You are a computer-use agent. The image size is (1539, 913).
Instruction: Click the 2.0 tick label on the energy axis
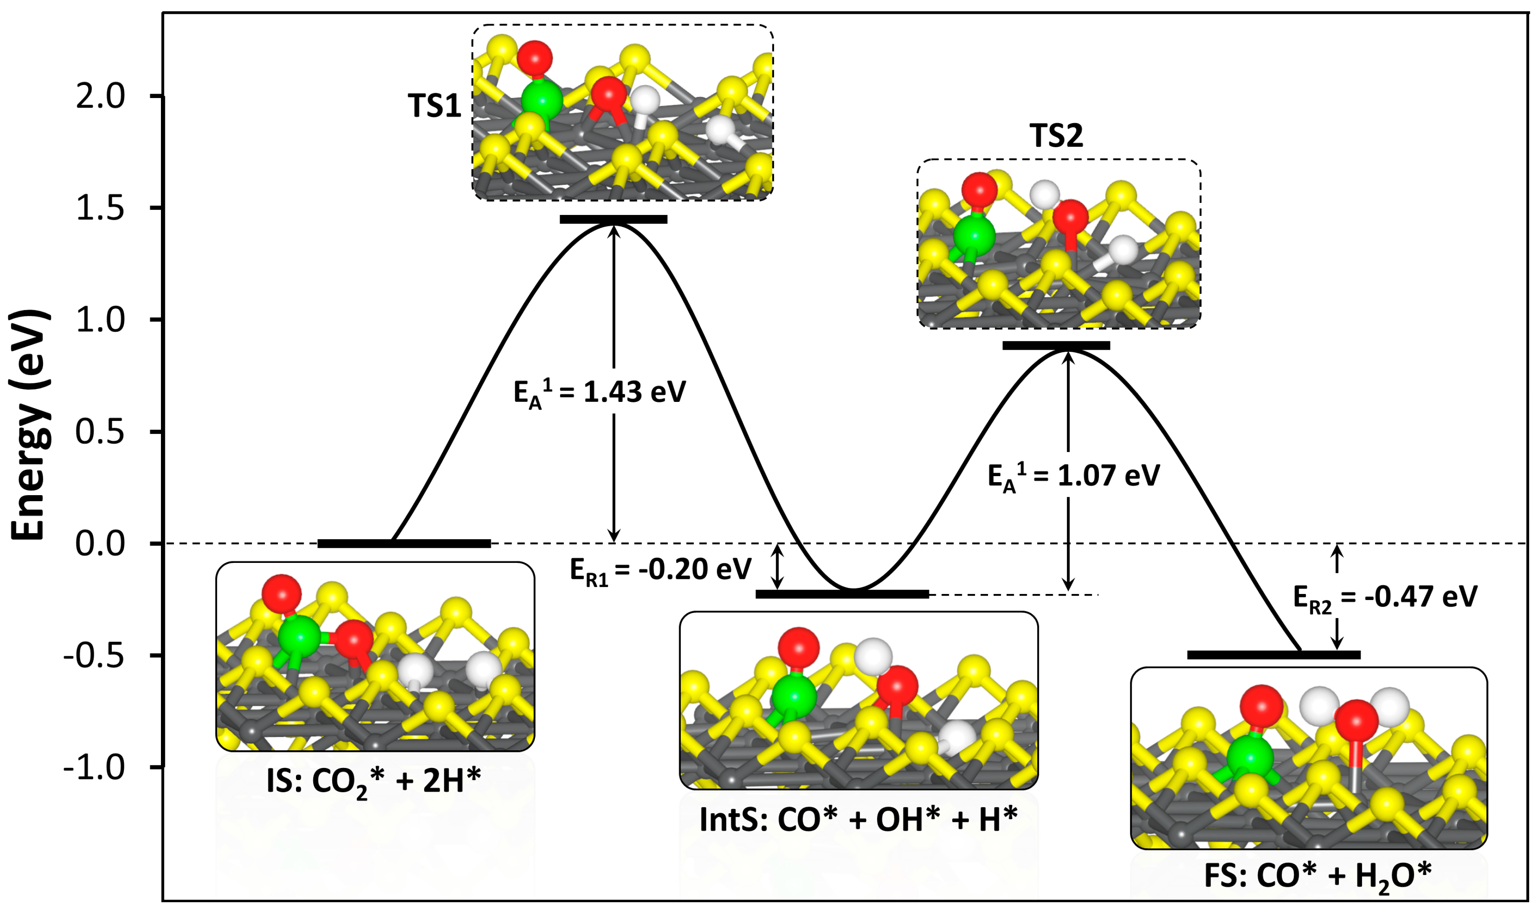click(x=100, y=97)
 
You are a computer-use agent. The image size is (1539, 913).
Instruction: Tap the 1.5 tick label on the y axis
click(x=100, y=209)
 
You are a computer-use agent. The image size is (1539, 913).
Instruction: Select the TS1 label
click(x=434, y=106)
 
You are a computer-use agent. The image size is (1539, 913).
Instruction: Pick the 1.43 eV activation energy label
click(x=599, y=392)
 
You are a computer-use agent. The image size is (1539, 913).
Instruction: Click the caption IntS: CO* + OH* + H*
click(x=858, y=819)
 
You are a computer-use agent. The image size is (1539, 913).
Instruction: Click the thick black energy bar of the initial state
click(x=404, y=543)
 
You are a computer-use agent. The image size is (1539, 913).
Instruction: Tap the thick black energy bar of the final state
click(x=1273, y=654)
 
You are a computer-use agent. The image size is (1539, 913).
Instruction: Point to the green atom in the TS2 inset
click(x=974, y=236)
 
